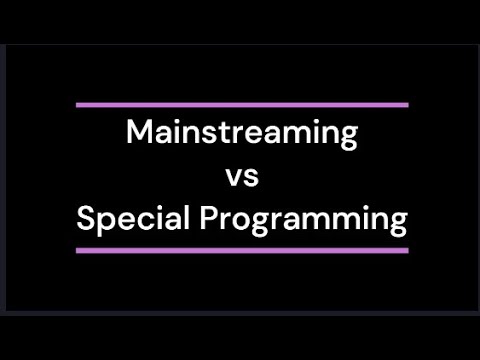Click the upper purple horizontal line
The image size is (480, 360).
tap(242, 104)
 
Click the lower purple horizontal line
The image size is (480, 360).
tap(242, 250)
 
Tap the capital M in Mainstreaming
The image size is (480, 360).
tap(138, 132)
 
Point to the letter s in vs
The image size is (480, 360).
tap(250, 178)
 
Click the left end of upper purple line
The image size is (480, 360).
tap(78, 104)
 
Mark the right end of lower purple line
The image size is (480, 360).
tap(407, 250)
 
